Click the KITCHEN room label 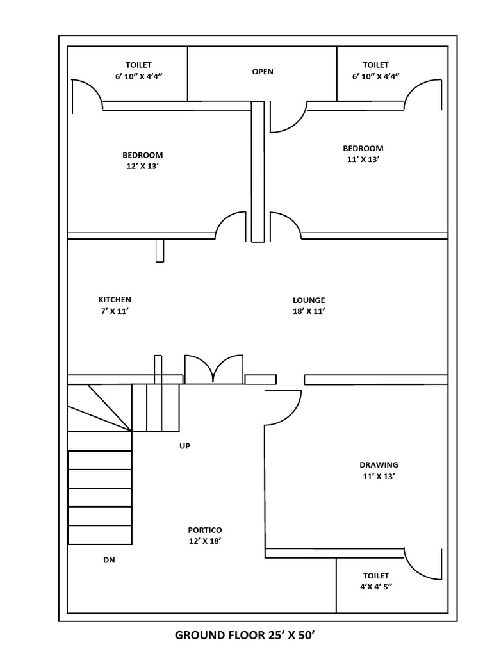[x=115, y=300]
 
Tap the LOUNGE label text [x=309, y=300]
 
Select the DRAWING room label [x=379, y=465]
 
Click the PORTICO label [x=205, y=530]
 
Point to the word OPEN [x=263, y=72]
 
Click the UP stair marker [x=185, y=445]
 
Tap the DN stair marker [x=109, y=559]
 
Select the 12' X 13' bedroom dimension [x=143, y=167]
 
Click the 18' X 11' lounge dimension [x=309, y=311]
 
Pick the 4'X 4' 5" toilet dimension [x=375, y=587]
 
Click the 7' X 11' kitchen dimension [x=115, y=311]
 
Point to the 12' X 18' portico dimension [x=205, y=541]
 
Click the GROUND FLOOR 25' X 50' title [x=246, y=635]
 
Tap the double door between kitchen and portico [x=214, y=370]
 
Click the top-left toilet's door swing [x=86, y=96]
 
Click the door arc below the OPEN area [x=283, y=117]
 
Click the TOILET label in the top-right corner [x=375, y=65]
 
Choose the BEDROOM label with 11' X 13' [x=363, y=149]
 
